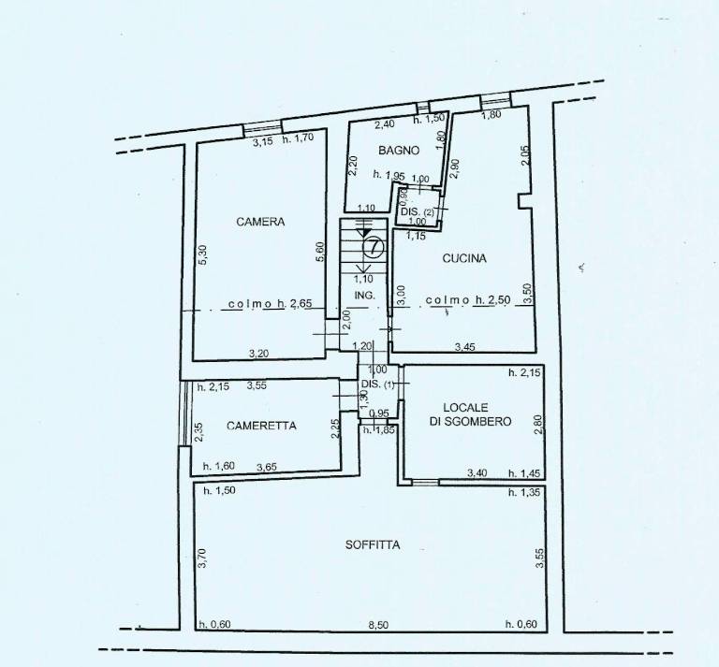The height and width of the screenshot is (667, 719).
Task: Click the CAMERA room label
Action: (260, 222)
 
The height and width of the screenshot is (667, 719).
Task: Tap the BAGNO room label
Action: (399, 151)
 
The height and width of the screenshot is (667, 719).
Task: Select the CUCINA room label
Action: (464, 258)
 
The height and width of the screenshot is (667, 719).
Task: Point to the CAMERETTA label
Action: (261, 426)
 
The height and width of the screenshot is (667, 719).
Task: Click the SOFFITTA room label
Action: (373, 544)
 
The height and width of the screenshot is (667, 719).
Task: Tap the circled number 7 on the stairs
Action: (374, 247)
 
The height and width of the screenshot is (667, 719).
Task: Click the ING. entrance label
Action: (364, 296)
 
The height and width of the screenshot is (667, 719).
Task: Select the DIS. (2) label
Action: (418, 212)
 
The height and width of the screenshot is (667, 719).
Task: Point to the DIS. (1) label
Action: (377, 384)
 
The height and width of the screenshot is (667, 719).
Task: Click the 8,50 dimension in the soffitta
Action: (378, 625)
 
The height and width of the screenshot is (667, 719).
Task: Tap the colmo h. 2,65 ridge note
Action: (270, 304)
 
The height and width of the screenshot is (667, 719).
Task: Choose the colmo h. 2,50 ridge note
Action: (468, 300)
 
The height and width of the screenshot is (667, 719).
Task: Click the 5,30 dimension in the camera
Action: (203, 254)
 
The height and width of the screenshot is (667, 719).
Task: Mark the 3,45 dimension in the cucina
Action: (464, 347)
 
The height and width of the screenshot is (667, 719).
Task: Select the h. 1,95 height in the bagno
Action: (389, 175)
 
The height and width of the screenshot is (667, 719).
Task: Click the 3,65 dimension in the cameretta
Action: (267, 467)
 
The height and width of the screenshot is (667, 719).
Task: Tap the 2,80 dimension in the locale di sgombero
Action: (538, 424)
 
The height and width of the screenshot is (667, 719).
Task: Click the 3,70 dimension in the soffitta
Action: (203, 558)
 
